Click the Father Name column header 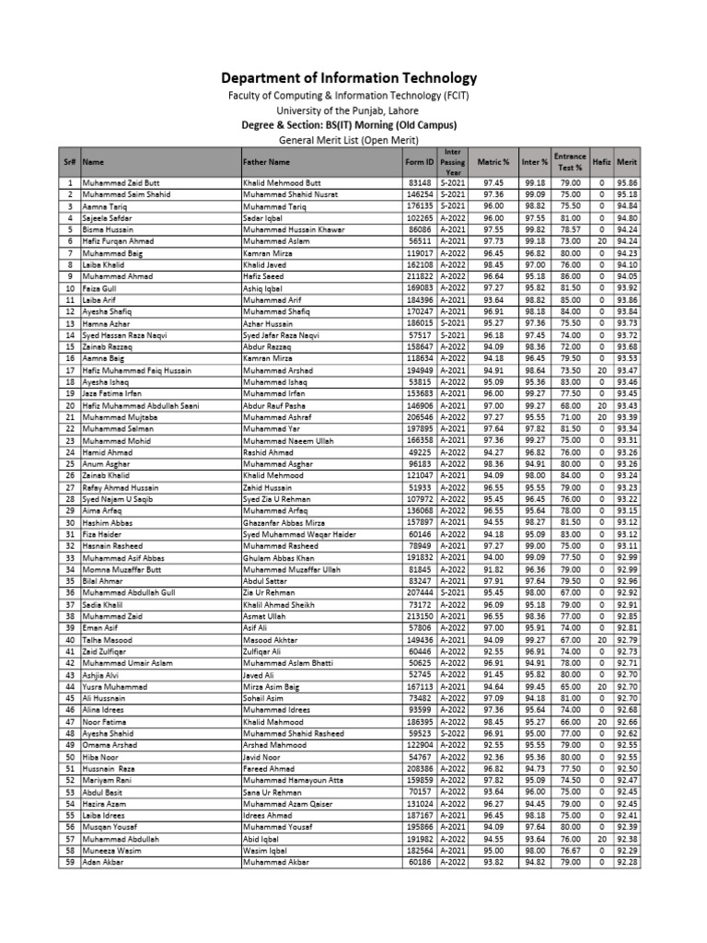tap(267, 160)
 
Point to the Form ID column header tap(419, 160)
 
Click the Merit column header tap(628, 160)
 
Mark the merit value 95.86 tap(628, 183)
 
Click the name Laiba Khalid tap(103, 264)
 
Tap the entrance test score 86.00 tap(571, 276)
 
